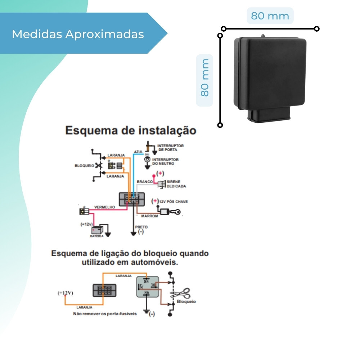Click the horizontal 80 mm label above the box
pyautogui.click(x=270, y=16)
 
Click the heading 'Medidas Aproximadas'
pyautogui.click(x=78, y=34)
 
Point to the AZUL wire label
pyautogui.click(x=139, y=152)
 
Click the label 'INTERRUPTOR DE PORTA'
pyautogui.click(x=171, y=148)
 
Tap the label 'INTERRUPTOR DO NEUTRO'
pyautogui.click(x=166, y=161)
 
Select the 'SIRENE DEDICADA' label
pyautogui.click(x=176, y=184)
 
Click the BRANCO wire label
pyautogui.click(x=145, y=182)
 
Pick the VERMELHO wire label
pyautogui.click(x=104, y=207)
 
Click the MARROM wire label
pyautogui.click(x=149, y=216)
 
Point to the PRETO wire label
pyautogui.click(x=141, y=227)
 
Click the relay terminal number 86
pyautogui.click(x=147, y=293)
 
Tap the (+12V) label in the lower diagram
pyautogui.click(x=65, y=293)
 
